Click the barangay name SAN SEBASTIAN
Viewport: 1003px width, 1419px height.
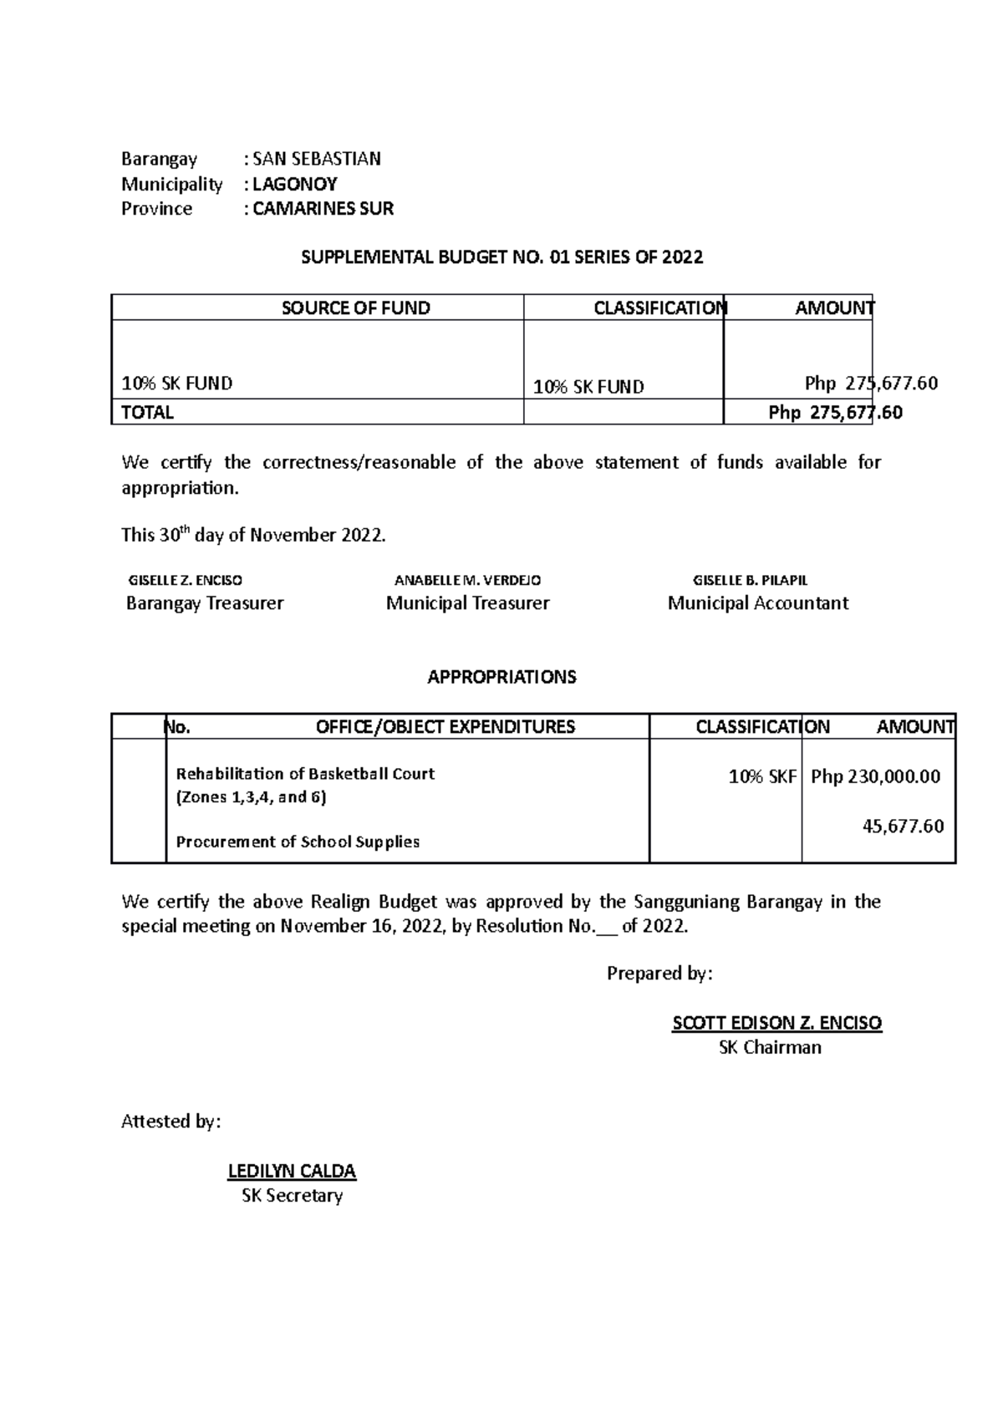pos(316,159)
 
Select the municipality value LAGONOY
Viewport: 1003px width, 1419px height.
pos(294,184)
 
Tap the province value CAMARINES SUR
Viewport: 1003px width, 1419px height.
pos(323,209)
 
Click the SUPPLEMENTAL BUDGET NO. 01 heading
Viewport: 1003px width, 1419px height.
pos(501,257)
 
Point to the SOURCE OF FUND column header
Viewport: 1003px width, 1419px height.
pos(355,308)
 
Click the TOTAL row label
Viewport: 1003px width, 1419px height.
pos(147,412)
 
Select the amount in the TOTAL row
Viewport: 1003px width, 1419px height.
pos(835,412)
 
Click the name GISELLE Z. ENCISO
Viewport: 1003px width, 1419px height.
pos(185,580)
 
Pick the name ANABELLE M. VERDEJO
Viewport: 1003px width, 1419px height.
pos(467,580)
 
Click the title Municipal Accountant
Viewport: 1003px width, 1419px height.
pos(757,603)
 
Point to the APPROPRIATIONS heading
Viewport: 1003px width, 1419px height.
pos(501,677)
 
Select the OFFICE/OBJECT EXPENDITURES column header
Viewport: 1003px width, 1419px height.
pos(445,727)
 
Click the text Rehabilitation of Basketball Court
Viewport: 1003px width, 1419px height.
pos(305,774)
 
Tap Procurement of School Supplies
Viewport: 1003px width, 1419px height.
pos(298,842)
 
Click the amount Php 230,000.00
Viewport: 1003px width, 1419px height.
pos(875,776)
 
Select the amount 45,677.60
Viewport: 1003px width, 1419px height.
pos(903,826)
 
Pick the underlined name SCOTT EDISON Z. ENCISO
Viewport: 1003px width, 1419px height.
pos(776,1023)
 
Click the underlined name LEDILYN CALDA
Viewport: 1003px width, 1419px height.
pos(292,1171)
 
